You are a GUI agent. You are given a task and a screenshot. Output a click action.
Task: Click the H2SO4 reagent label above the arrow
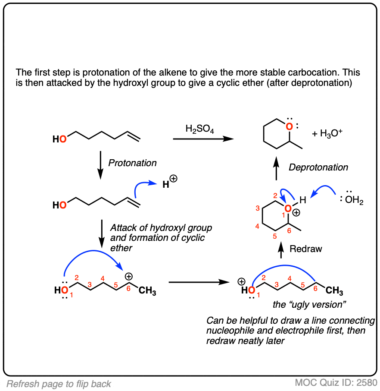199,129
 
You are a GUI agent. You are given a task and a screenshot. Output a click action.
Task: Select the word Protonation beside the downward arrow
132,163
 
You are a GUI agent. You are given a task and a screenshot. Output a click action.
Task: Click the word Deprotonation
318,167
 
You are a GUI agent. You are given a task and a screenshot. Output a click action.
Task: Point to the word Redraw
306,249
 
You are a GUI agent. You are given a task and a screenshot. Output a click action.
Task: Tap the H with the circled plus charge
169,182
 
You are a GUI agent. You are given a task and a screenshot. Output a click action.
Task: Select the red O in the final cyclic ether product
289,127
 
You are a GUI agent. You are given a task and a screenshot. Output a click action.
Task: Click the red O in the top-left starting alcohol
63,139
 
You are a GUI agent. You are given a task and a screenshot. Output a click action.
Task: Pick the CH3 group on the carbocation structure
147,291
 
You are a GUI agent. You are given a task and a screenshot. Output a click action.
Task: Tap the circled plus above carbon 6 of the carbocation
128,277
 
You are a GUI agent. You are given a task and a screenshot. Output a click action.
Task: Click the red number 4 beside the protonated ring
257,226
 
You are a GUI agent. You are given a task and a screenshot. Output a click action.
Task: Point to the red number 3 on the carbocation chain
90,284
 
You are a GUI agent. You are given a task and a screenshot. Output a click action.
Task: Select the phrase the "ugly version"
309,305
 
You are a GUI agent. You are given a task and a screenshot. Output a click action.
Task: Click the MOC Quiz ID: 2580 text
336,382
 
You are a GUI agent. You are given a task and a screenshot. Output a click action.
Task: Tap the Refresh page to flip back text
59,384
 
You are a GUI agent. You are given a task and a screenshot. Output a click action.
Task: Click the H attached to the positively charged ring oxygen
303,200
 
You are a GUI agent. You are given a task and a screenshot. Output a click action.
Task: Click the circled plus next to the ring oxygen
296,213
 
